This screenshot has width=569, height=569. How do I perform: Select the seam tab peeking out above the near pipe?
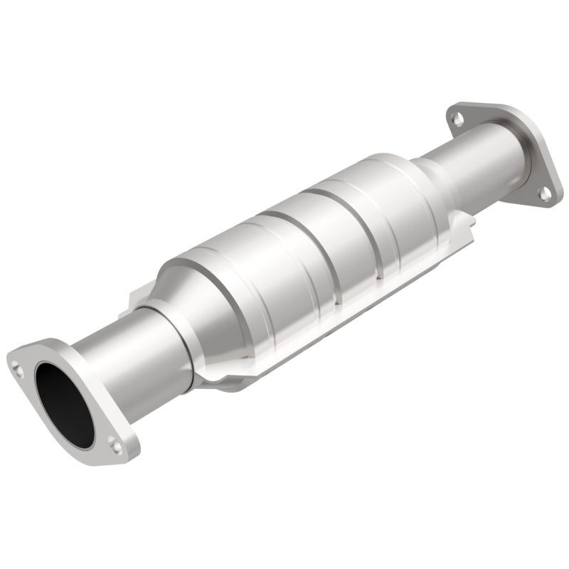click(x=139, y=299)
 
